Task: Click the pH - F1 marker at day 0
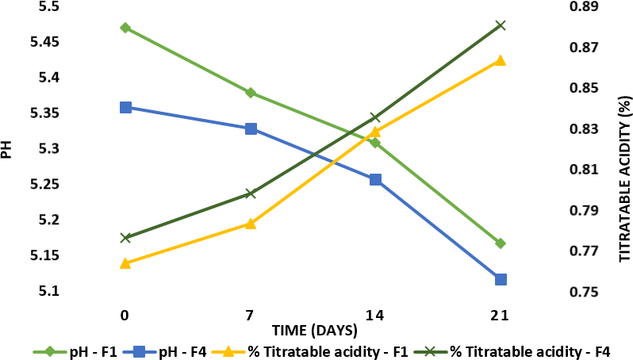pos(125,28)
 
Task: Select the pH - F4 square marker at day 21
pos(500,279)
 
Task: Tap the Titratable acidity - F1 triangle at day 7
pos(250,224)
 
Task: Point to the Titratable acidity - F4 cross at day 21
pos(500,25)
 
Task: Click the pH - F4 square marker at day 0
pos(125,107)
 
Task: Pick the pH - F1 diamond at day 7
pos(250,93)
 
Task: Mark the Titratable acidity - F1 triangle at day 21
pos(500,60)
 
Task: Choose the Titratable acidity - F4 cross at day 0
pos(125,238)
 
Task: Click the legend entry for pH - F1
pos(76,350)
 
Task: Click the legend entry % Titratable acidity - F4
pos(524,350)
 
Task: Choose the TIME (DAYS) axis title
pos(314,329)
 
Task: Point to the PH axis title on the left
pos(7,149)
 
